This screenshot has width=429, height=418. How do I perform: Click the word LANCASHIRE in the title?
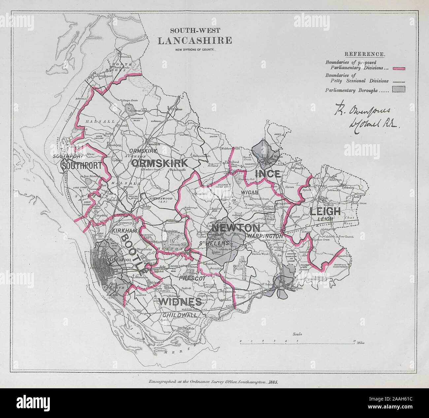(x=194, y=41)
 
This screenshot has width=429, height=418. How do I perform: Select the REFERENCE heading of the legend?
(x=364, y=54)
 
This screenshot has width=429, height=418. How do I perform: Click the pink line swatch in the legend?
(x=398, y=68)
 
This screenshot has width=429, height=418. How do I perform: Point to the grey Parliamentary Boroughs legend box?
(x=398, y=89)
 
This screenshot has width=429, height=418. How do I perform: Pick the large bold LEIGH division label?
(x=325, y=211)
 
